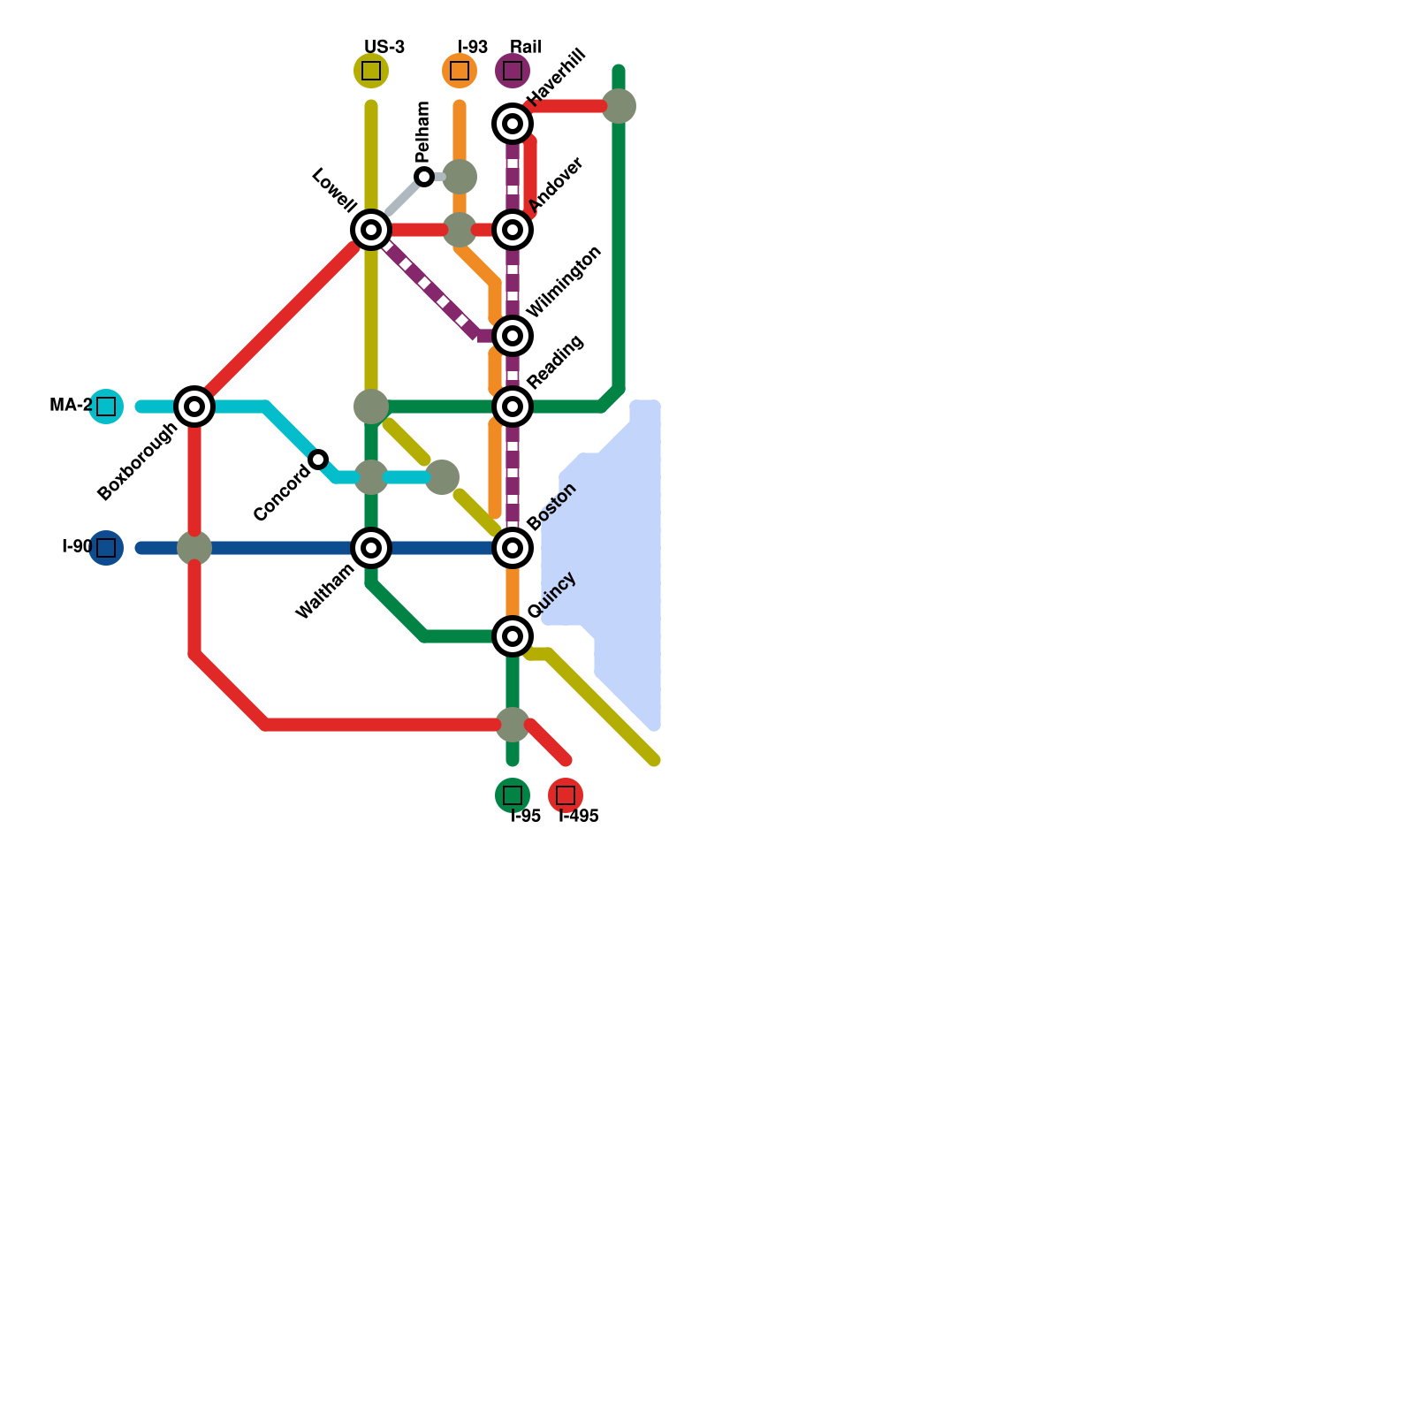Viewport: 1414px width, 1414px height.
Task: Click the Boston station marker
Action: pyautogui.click(x=513, y=548)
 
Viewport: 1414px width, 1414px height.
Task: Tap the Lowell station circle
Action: pyautogui.click(x=371, y=230)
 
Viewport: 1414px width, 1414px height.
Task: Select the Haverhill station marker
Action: pyautogui.click(x=513, y=124)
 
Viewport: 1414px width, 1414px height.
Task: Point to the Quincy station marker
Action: pyautogui.click(x=513, y=636)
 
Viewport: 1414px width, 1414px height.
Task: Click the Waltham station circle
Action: pyautogui.click(x=371, y=548)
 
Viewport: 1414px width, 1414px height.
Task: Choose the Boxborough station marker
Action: pyautogui.click(x=194, y=407)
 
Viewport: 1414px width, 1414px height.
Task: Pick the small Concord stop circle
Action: pyautogui.click(x=318, y=460)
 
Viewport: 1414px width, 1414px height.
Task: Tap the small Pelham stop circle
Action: pyautogui.click(x=424, y=177)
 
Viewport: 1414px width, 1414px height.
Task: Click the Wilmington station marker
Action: pyautogui.click(x=513, y=336)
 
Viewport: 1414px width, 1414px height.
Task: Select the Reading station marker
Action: pyautogui.click(x=513, y=407)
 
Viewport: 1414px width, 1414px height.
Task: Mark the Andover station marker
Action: pyautogui.click(x=513, y=230)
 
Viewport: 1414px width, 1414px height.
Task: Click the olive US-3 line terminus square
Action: pyautogui.click(x=371, y=71)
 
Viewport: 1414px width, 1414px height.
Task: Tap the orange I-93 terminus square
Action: pyautogui.click(x=460, y=71)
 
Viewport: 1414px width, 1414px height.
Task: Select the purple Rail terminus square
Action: pyautogui.click(x=513, y=71)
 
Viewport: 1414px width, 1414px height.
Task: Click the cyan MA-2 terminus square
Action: pyautogui.click(x=106, y=407)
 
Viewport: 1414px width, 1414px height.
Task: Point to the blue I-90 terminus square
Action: pyautogui.click(x=106, y=548)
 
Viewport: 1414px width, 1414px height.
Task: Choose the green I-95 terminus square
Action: pyautogui.click(x=513, y=795)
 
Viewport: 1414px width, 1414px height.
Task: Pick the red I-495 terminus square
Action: pyautogui.click(x=566, y=795)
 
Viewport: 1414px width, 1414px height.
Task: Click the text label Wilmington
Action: pyautogui.click(x=564, y=281)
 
